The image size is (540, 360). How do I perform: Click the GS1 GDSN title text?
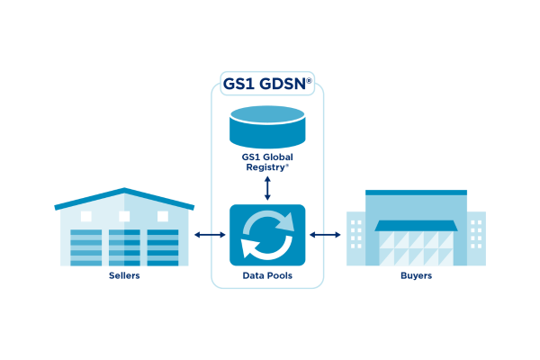pos(267,85)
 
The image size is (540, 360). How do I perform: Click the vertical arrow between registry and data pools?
pos(267,187)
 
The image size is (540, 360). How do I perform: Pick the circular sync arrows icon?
pos(267,235)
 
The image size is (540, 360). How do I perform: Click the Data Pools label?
pos(267,275)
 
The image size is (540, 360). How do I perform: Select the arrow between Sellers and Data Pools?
pos(210,236)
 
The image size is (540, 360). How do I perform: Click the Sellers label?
pos(123,275)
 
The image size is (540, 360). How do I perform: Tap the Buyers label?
pos(416,275)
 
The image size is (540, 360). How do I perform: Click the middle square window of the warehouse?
pos(124,216)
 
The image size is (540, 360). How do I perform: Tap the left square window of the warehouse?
pos(86,216)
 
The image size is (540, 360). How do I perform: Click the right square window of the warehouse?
pos(163,216)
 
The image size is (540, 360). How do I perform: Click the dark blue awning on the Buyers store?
pos(416,226)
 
